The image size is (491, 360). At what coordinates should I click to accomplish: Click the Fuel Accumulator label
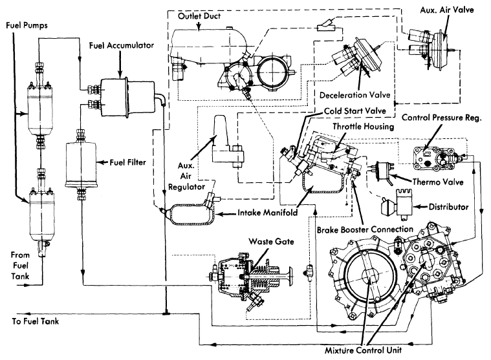pyautogui.click(x=122, y=46)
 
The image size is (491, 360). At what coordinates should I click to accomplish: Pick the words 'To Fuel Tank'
pyautogui.click(x=36, y=321)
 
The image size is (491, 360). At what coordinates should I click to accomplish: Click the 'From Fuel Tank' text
pyautogui.click(x=20, y=266)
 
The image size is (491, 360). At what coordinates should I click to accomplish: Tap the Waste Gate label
pyautogui.click(x=271, y=242)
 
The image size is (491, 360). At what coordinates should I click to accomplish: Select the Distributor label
pyautogui.click(x=448, y=207)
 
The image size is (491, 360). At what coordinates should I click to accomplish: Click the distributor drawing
pyautogui.click(x=397, y=203)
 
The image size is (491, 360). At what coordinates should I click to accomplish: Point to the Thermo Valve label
pyautogui.click(x=438, y=182)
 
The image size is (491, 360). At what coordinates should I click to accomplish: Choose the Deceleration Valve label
pyautogui.click(x=355, y=95)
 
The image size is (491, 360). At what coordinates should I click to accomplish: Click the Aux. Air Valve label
pyautogui.click(x=447, y=10)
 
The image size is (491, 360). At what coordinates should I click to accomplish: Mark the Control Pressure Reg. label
pyautogui.click(x=442, y=118)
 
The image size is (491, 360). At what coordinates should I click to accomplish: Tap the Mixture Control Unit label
pyautogui.click(x=363, y=350)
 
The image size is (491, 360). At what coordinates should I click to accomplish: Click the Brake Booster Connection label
pyautogui.click(x=365, y=230)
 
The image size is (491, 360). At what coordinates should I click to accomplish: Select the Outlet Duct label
pyautogui.click(x=199, y=16)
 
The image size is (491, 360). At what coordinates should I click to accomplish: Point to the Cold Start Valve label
pyautogui.click(x=355, y=111)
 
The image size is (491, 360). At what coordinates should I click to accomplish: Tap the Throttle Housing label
pyautogui.click(x=364, y=127)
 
